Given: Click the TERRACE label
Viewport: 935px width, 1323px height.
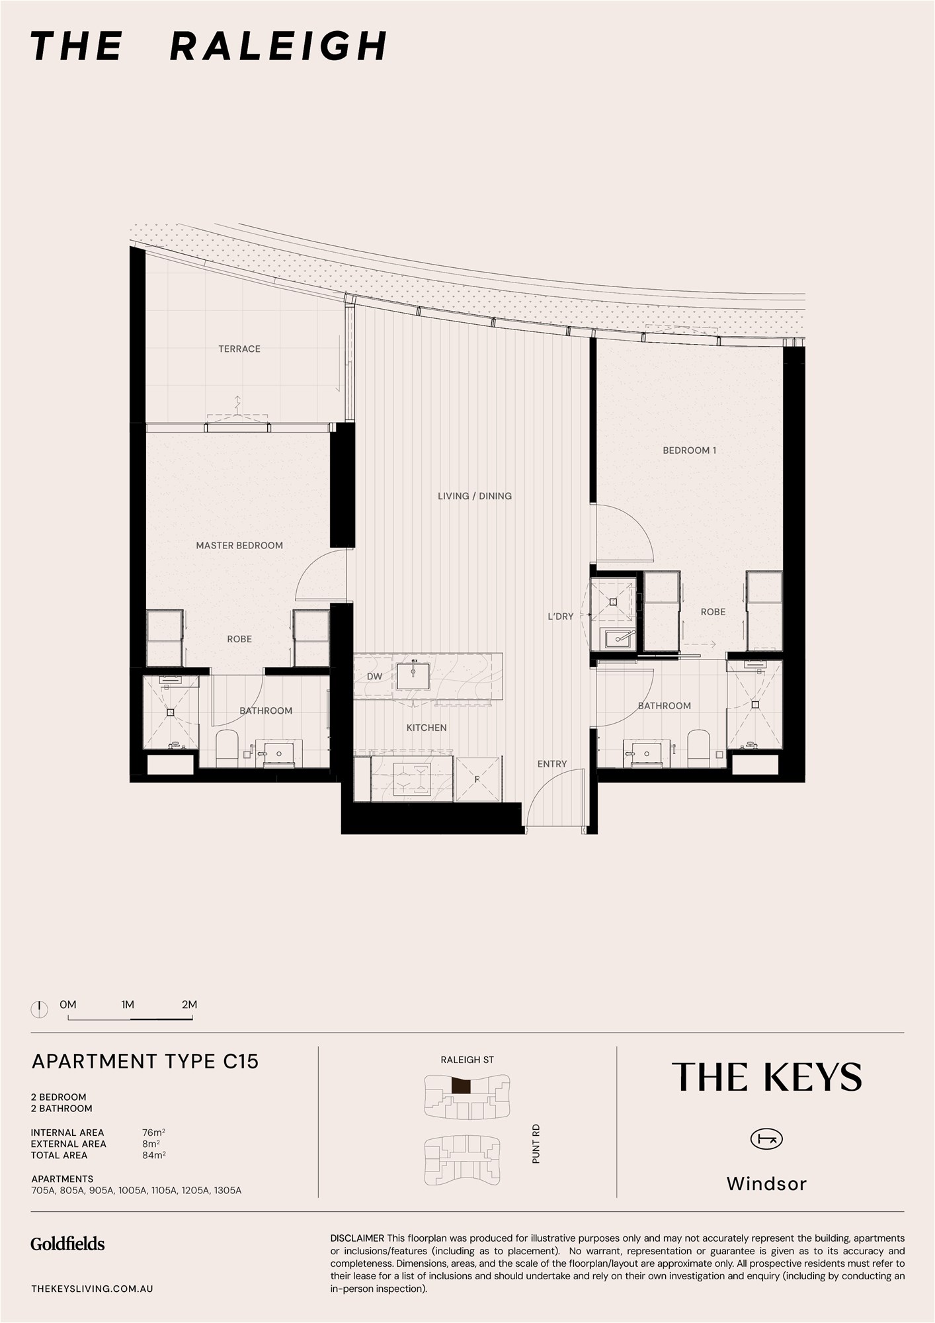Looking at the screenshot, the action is point(239,349).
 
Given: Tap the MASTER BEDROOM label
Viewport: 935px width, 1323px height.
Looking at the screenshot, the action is point(239,545).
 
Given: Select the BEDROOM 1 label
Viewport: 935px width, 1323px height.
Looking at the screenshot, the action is point(690,450).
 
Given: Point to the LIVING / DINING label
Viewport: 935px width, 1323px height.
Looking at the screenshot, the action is point(475,495).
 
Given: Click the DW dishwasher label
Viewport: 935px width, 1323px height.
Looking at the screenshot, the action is point(374,676).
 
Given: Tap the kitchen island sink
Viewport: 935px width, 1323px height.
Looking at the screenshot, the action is point(413,676).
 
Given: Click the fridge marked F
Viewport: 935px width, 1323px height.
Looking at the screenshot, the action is point(477,779).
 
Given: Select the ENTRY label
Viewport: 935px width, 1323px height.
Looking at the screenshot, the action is point(552,763).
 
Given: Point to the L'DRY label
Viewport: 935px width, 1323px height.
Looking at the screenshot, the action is point(561,616).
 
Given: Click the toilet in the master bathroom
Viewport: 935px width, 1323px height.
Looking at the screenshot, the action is point(227,749).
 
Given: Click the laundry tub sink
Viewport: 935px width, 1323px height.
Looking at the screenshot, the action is point(618,638).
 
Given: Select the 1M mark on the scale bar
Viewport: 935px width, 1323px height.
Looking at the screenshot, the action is point(128,1004).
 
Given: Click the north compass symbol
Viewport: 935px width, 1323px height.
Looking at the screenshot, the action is point(40,1009).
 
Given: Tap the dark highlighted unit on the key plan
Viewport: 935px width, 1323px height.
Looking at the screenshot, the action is point(461,1086).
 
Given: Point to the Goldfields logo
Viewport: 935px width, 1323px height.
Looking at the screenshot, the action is point(67,1244).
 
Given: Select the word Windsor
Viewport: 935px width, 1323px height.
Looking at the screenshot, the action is point(766,1183).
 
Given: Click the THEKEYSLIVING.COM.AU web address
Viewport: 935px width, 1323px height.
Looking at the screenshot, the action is point(92,1289).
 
